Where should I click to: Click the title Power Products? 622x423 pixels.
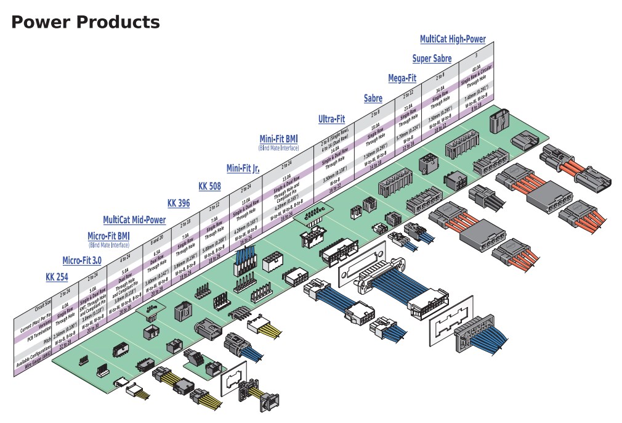point(86,23)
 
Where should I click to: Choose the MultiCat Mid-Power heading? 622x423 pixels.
point(134,220)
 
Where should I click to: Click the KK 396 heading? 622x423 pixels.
point(179,203)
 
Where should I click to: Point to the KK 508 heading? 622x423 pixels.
point(209,186)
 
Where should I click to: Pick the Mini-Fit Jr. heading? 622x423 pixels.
point(242,168)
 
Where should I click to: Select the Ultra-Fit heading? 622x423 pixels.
point(331,119)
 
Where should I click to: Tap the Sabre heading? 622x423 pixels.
point(373,98)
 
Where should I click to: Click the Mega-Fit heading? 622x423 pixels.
point(402,78)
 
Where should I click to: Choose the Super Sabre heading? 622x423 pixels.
point(432,59)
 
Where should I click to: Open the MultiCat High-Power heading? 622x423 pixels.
point(453,39)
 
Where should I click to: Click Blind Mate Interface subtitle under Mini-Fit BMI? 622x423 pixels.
point(278,148)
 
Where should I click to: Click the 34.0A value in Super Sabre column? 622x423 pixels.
point(440,89)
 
